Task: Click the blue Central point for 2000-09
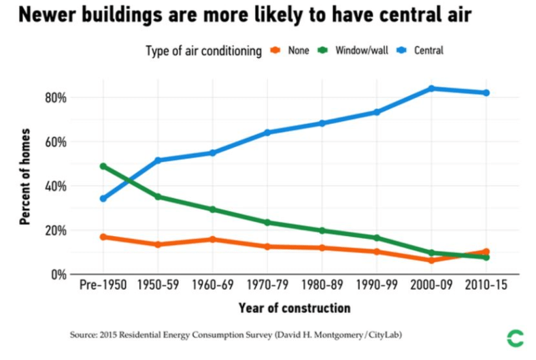(431, 88)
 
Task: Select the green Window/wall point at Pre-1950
(103, 166)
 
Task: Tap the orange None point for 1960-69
(212, 239)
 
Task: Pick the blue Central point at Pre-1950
(103, 199)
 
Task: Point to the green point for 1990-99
(377, 238)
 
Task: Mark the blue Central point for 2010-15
(486, 93)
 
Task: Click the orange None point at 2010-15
(486, 251)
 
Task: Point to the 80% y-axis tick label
(55, 97)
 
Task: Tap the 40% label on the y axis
(55, 186)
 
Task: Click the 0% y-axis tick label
(58, 274)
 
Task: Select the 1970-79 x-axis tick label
(267, 286)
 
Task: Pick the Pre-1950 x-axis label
(103, 286)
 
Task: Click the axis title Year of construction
(295, 308)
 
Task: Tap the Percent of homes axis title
(25, 176)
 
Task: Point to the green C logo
(515, 337)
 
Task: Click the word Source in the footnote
(82, 336)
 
